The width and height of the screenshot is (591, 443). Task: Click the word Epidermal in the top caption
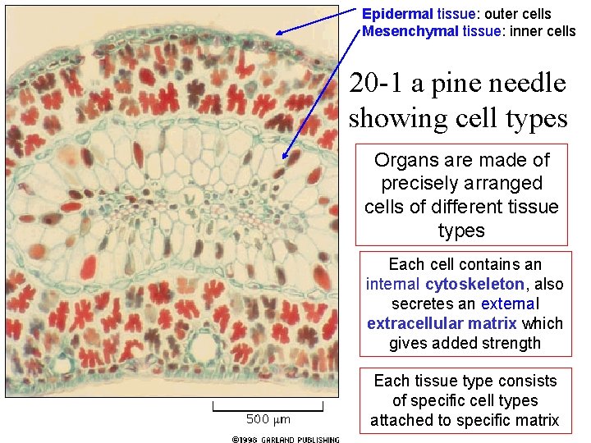(x=390, y=14)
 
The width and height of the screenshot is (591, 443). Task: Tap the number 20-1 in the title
(x=375, y=84)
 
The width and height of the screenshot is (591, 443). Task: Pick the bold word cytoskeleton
(x=474, y=285)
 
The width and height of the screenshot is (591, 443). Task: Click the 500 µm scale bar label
(x=268, y=420)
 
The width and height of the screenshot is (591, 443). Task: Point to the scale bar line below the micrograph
(x=268, y=405)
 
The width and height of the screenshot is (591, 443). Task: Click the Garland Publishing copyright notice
(x=285, y=440)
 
